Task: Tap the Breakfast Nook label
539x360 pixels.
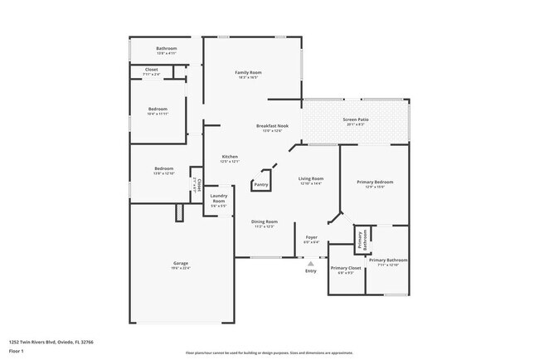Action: [272, 125]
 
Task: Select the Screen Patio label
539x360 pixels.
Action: [356, 120]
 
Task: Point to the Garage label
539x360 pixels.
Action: [180, 263]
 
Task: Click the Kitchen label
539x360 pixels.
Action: [230, 157]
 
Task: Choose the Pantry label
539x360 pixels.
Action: [261, 184]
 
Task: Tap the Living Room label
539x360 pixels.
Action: [311, 178]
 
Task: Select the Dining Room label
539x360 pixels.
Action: [265, 221]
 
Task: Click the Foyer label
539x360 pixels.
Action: [312, 237]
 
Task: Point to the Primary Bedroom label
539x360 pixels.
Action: [375, 182]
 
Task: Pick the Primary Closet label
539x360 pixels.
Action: [346, 268]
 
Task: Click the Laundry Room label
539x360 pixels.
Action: [218, 199]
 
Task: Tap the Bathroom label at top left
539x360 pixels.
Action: [167, 49]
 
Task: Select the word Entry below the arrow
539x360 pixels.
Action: [311, 271]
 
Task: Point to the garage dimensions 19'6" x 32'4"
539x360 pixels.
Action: [180, 268]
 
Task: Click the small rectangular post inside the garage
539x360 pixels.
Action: [179, 213]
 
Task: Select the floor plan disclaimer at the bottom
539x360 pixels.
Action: [269, 352]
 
